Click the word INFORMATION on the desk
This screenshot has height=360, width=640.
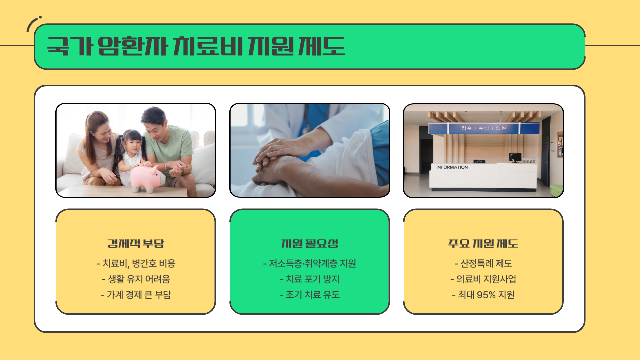pos(452,167)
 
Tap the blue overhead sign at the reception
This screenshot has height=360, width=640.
pos(484,128)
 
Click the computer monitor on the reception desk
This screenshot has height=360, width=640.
pos(515,157)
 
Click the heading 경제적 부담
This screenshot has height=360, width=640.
pos(136,243)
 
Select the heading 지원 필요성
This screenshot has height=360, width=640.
pos(310,243)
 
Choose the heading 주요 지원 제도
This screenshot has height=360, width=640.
pos(483,243)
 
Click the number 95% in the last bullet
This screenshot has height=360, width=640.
pos(486,295)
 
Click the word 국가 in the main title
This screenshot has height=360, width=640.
pos(69,46)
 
